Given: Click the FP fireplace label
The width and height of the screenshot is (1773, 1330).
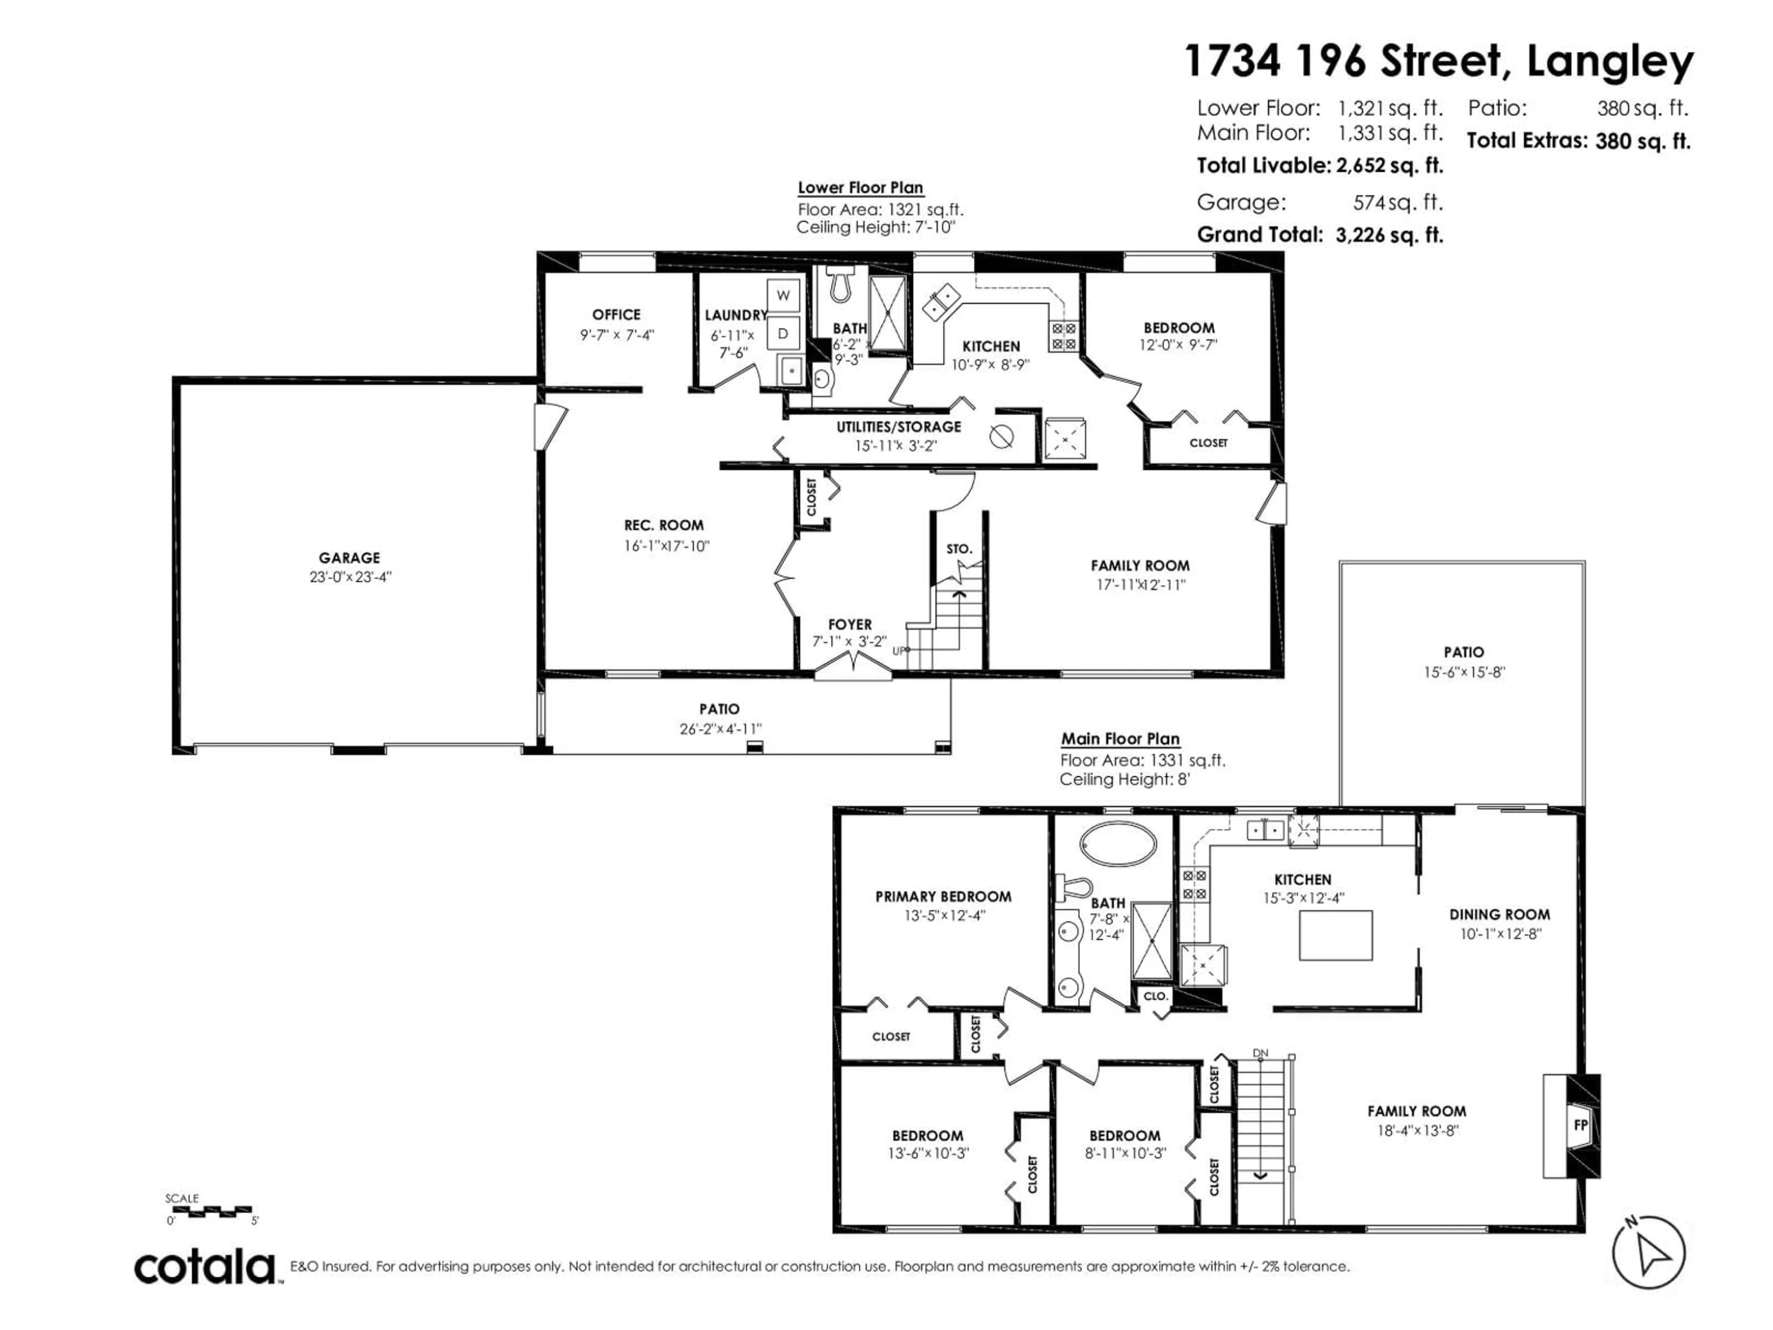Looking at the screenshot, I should coord(1580,1125).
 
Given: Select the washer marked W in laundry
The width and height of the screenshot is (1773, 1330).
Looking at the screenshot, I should coord(783,295).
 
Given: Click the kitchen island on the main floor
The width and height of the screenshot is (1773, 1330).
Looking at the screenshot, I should coord(1335,936).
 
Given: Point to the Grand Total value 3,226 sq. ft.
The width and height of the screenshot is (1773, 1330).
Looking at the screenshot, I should coord(1389,235).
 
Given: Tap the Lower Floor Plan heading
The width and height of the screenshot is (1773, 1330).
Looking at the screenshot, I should coord(860,187).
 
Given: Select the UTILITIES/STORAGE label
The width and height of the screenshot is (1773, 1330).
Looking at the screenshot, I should coord(899,427).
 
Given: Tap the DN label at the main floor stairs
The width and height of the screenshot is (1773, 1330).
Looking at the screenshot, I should coord(1260,1052).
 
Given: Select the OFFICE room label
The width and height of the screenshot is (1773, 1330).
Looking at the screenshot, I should coord(616,315).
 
